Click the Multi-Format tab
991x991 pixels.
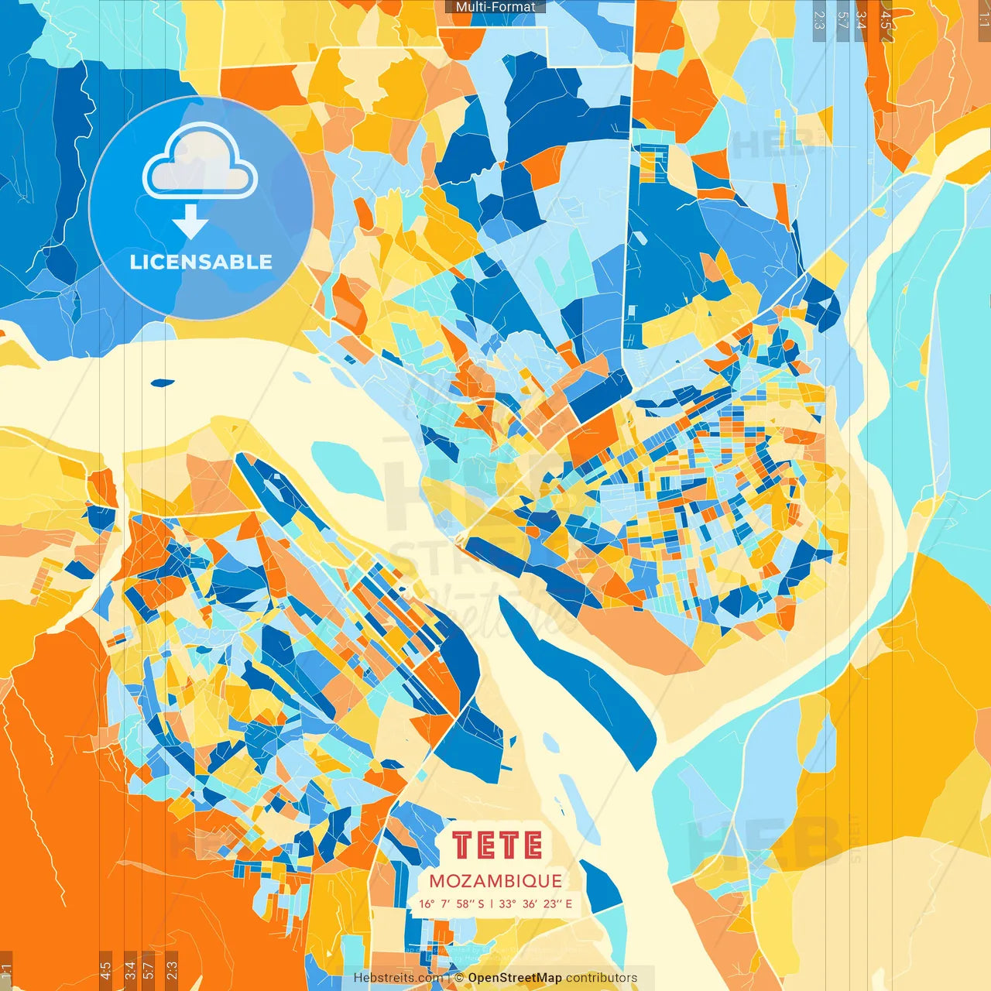pyautogui.click(x=495, y=7)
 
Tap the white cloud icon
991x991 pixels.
pyautogui.click(x=200, y=161)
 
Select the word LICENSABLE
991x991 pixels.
pyautogui.click(x=201, y=262)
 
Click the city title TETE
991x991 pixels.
pyautogui.click(x=496, y=845)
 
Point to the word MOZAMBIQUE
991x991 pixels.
pyautogui.click(x=495, y=881)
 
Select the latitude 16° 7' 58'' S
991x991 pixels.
pyautogui.click(x=451, y=904)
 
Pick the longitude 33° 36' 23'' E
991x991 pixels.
pyautogui.click(x=536, y=904)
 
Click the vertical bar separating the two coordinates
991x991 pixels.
pyautogui.click(x=492, y=904)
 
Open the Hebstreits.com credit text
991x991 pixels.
pyautogui.click(x=398, y=978)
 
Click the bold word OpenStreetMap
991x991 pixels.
pyautogui.click(x=514, y=978)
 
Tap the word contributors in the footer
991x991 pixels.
pyautogui.click(x=602, y=978)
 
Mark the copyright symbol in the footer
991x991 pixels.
pyautogui.click(x=458, y=978)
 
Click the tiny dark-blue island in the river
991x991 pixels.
pyautogui.click(x=163, y=382)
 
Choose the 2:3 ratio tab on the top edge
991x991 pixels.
pyautogui.click(x=819, y=19)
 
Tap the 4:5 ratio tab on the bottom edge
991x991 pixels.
pyautogui.click(x=105, y=970)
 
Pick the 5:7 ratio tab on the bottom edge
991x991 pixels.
pyautogui.click(x=149, y=970)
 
